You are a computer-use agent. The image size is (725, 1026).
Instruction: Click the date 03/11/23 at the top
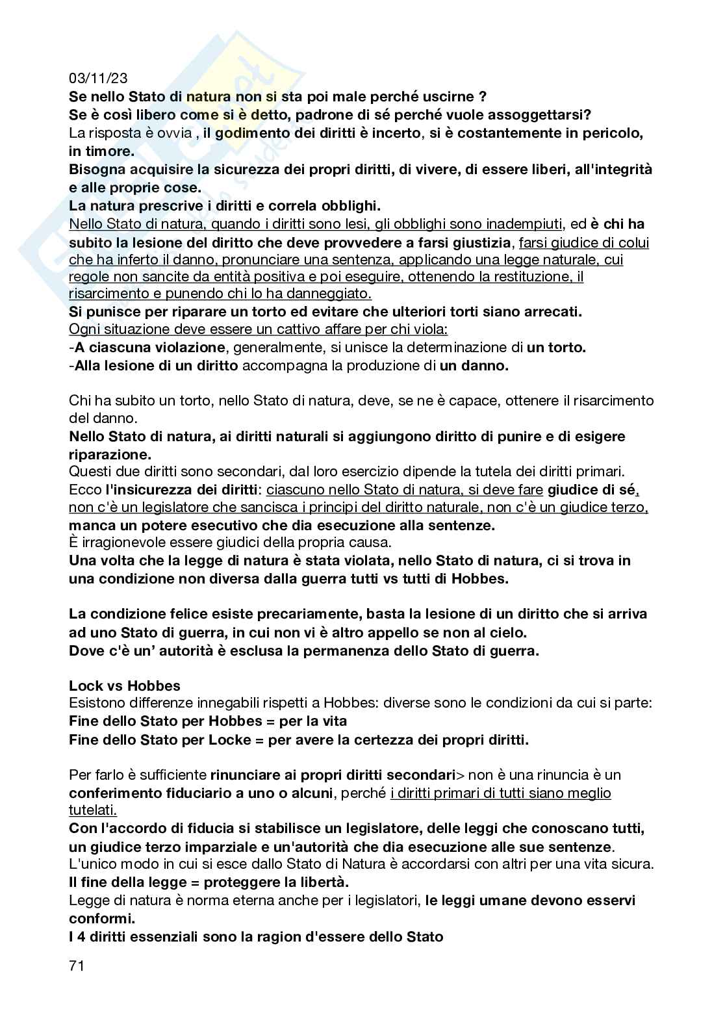point(98,79)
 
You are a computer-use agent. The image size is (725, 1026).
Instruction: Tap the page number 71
point(77,984)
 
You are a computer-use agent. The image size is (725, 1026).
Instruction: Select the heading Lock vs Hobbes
point(125,686)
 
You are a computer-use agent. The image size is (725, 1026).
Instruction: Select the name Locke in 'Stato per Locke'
point(229,739)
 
